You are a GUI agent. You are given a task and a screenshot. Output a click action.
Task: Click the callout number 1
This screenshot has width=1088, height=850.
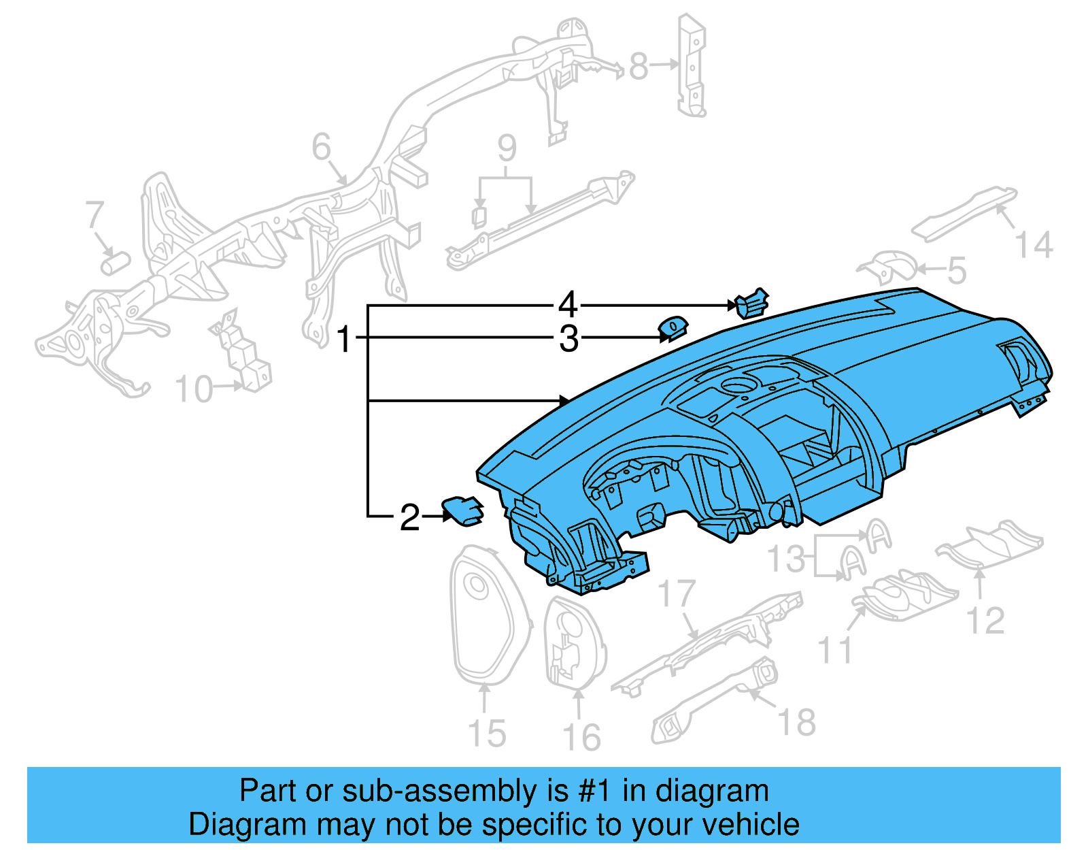click(344, 339)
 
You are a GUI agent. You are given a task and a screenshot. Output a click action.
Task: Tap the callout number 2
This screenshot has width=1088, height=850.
click(409, 518)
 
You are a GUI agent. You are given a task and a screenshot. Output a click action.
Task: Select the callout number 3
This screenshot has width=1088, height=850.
click(568, 339)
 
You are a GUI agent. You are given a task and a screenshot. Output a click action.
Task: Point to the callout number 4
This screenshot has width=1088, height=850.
click(568, 305)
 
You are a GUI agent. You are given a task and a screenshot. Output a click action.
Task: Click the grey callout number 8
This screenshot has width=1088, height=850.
click(639, 66)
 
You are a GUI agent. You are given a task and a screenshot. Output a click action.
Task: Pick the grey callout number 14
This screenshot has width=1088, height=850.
click(1034, 245)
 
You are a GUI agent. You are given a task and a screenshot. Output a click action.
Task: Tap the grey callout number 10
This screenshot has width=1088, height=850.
click(194, 389)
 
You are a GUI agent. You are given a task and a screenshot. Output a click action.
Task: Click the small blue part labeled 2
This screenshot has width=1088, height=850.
click(463, 510)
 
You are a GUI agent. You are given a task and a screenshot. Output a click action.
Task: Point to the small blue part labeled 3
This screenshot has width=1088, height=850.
click(672, 329)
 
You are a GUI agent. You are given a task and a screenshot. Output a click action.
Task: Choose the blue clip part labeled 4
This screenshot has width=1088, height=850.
click(751, 304)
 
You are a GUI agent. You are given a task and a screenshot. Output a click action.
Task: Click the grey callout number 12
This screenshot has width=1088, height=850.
click(985, 621)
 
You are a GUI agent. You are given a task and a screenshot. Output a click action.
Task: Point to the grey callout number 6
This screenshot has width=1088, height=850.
click(322, 147)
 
